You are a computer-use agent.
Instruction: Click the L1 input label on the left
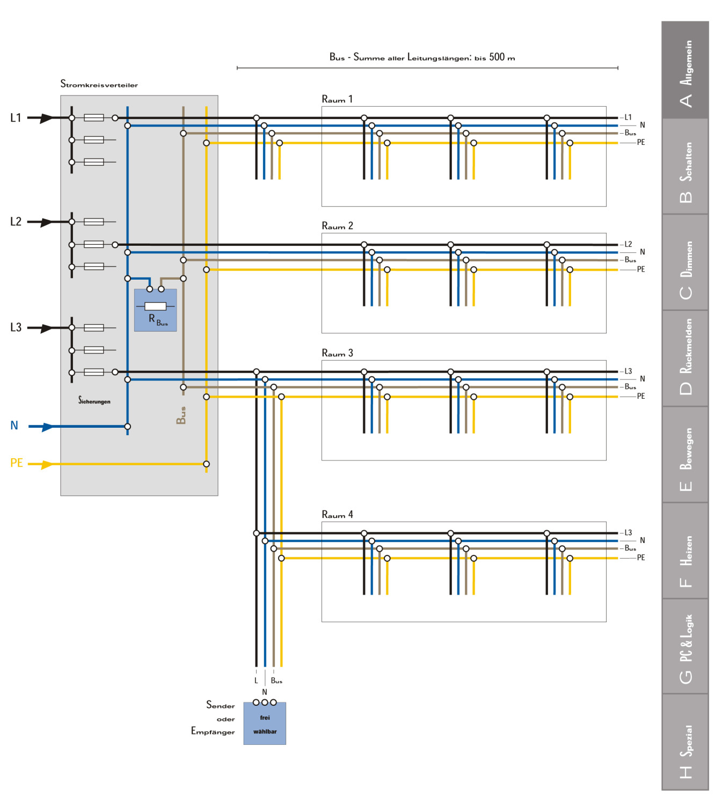(x=16, y=118)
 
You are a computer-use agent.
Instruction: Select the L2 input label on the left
(x=16, y=221)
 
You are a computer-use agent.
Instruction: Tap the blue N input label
(x=14, y=426)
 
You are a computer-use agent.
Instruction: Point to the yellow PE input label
(x=17, y=463)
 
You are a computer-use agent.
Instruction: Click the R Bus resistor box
(x=155, y=310)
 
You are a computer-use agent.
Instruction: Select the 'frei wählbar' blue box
(x=265, y=724)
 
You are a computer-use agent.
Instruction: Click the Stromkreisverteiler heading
(x=99, y=84)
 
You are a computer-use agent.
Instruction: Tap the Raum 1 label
(x=337, y=99)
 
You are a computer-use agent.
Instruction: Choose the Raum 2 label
(x=337, y=226)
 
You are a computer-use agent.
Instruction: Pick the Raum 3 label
(x=337, y=353)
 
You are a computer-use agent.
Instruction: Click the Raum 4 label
(x=337, y=515)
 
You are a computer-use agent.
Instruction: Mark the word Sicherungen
(x=94, y=401)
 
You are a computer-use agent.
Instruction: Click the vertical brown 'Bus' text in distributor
(x=181, y=415)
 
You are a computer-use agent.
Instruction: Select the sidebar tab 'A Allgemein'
(x=685, y=70)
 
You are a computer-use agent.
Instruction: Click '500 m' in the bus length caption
(x=501, y=57)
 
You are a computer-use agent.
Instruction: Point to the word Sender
(x=221, y=705)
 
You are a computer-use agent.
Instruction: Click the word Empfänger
(x=213, y=731)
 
